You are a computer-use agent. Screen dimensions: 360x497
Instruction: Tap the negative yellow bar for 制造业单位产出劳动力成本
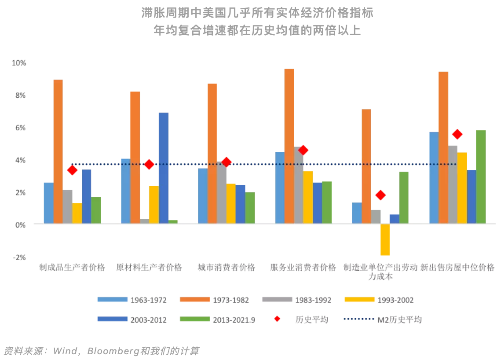[x=385, y=239]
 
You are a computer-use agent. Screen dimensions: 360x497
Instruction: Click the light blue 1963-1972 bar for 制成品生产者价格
[x=48, y=203]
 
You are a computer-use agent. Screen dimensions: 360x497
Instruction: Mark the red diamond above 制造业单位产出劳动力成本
[x=380, y=195]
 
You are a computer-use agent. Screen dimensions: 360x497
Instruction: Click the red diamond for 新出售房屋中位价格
[x=457, y=134]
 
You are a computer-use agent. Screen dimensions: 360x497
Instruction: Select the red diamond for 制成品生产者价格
[x=73, y=170]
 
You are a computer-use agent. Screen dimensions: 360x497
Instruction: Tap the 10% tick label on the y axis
[x=19, y=63]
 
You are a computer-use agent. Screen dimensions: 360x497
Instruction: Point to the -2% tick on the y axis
[x=19, y=257]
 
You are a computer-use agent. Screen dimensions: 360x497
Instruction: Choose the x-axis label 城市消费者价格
[x=226, y=267]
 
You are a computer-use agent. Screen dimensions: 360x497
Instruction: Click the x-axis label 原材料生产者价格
[x=149, y=267]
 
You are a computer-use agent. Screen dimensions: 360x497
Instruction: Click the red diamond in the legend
[x=277, y=320]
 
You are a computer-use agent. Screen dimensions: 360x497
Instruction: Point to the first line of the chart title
[x=257, y=13]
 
